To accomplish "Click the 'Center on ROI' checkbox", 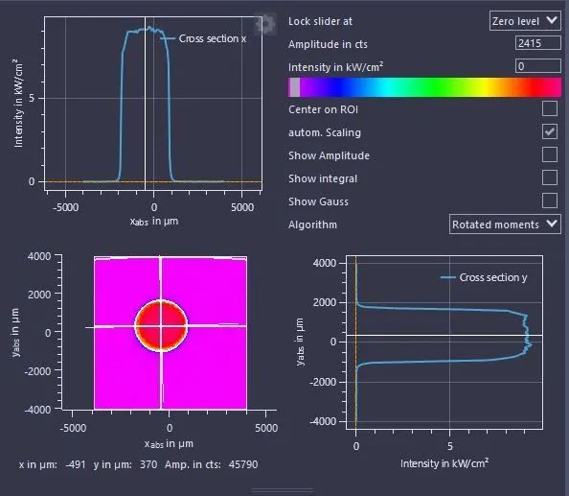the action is [x=550, y=108].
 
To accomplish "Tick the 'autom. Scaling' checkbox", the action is [x=550, y=131].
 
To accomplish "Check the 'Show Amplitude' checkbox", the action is [x=550, y=154].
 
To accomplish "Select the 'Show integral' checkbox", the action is [x=550, y=177].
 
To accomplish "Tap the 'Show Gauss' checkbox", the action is [x=550, y=201].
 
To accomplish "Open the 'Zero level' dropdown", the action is [x=525, y=21].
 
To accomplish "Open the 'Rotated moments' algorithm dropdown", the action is [x=505, y=224].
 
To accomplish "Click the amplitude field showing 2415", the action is [x=537, y=43].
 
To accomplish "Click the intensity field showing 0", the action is [x=537, y=66].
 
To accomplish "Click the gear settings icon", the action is [x=264, y=24].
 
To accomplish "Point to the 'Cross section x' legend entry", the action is [x=204, y=38].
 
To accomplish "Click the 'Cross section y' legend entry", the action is [x=484, y=277].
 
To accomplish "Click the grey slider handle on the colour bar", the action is [x=294, y=87].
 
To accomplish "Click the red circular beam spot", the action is [x=161, y=326].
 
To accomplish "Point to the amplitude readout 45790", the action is [x=243, y=464].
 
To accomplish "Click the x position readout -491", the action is [x=76, y=464].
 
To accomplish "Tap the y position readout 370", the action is [x=148, y=464].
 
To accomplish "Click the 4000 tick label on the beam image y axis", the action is [x=39, y=256].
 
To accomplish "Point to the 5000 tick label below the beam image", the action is [x=266, y=428].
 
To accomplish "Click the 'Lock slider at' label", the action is [x=320, y=21].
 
